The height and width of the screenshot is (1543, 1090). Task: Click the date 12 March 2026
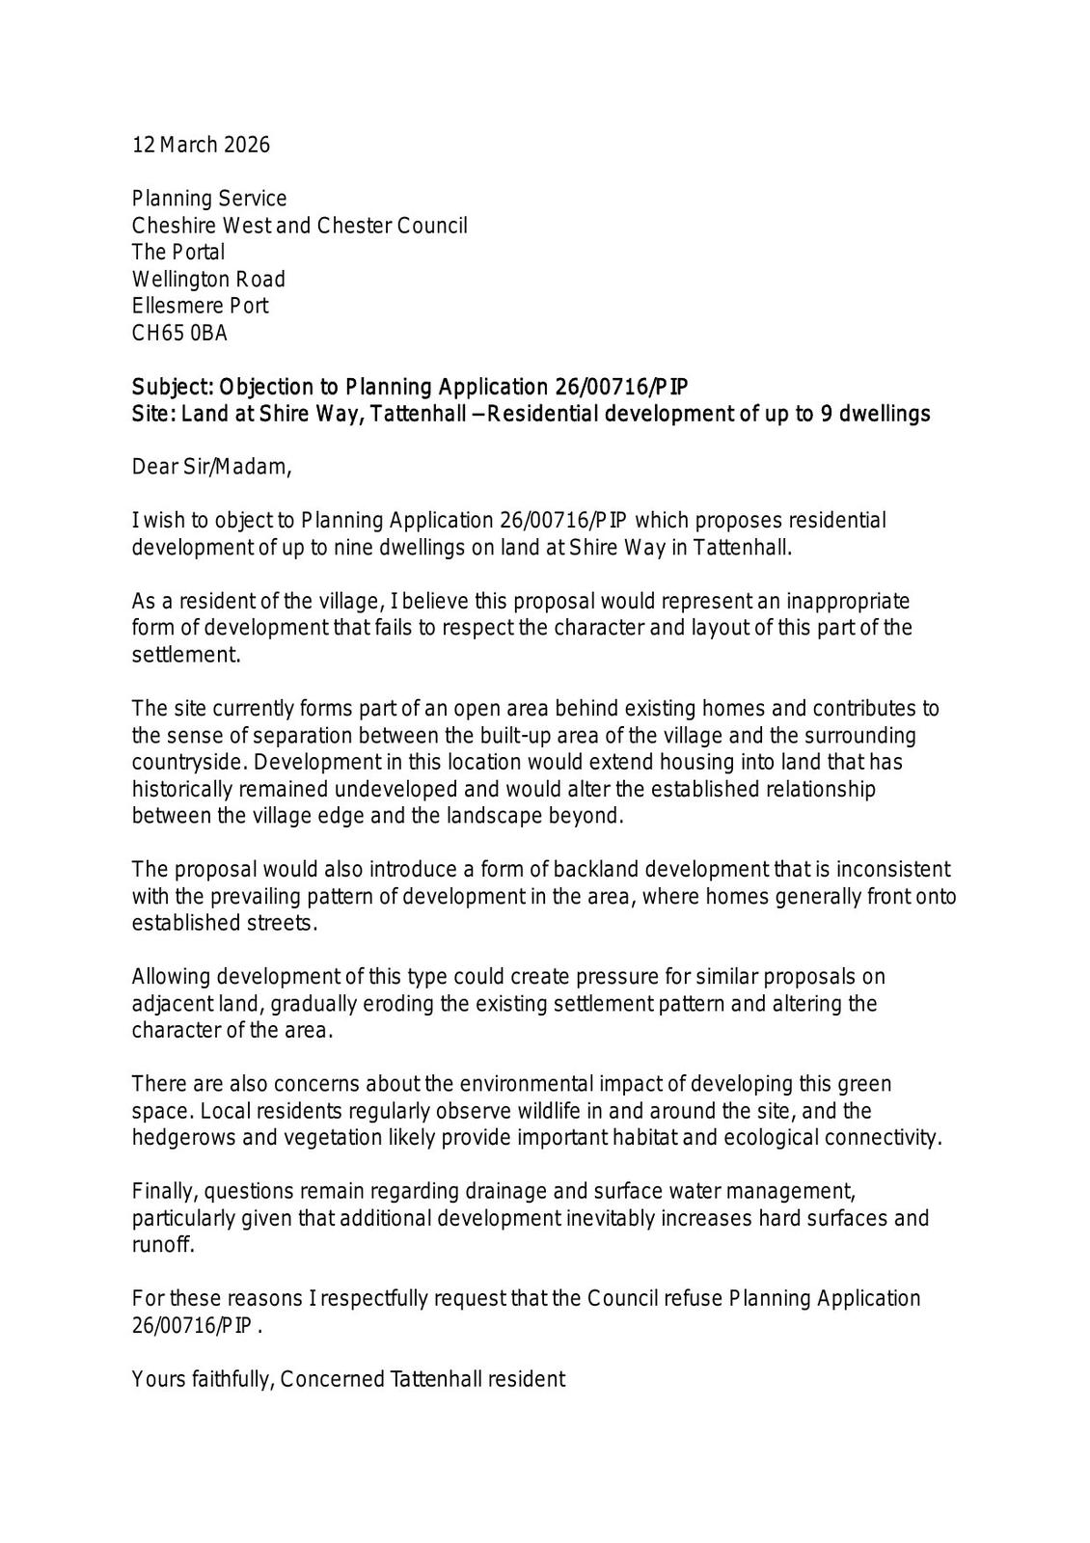[201, 146]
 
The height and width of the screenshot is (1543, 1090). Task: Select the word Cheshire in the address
[176, 226]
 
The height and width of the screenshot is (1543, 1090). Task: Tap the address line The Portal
[178, 253]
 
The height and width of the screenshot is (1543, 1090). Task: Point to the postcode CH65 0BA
[179, 334]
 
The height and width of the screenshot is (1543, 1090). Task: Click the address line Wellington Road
[208, 280]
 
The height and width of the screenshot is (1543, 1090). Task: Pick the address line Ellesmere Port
[200, 307]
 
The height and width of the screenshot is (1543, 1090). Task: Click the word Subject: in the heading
[172, 388]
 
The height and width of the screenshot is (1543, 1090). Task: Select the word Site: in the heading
[154, 415]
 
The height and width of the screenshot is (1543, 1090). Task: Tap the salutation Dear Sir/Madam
[210, 468]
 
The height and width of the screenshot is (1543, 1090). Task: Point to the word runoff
[162, 1245]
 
